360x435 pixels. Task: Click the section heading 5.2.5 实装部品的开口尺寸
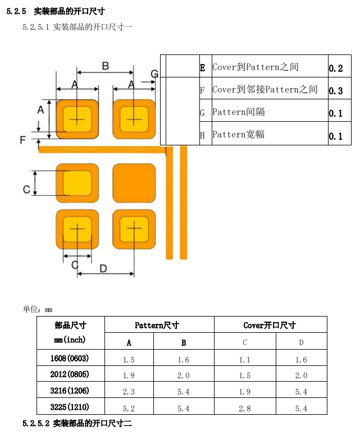pos(56,11)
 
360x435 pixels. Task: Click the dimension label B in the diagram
pos(106,66)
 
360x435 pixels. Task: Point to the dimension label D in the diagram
pos(103,268)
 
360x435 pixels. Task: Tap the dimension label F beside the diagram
pos(23,140)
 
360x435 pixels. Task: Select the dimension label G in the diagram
pos(154,74)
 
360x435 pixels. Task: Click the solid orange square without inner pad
pos(134,183)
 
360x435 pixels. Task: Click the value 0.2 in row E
pos(336,68)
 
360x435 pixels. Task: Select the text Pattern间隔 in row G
pos(239,112)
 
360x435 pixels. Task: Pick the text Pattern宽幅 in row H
pos(239,134)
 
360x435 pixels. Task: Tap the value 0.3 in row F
pos(336,91)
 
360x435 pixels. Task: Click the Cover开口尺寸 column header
pos(270,325)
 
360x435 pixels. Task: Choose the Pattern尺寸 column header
pos(157,325)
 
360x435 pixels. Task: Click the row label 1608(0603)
pos(70,358)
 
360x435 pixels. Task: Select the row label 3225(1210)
pos(70,407)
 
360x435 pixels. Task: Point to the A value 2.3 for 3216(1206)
pos(129,392)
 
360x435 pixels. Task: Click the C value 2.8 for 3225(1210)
pos(244,409)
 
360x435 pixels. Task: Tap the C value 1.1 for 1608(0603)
pos(244,360)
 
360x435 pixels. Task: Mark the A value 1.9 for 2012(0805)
pos(129,376)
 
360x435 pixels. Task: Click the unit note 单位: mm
pos(38,309)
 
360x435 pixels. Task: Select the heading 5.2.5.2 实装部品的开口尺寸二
pos(77,423)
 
